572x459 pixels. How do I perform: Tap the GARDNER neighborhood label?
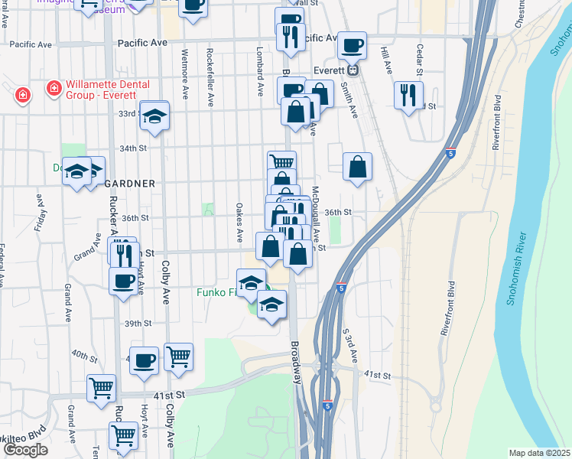point(130,184)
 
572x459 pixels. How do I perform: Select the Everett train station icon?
point(353,70)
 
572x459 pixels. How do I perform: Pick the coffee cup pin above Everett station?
point(352,45)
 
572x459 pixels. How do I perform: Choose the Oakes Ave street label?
point(239,222)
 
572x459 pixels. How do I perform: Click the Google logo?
point(24,450)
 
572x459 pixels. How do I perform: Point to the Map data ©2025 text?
point(540,453)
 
